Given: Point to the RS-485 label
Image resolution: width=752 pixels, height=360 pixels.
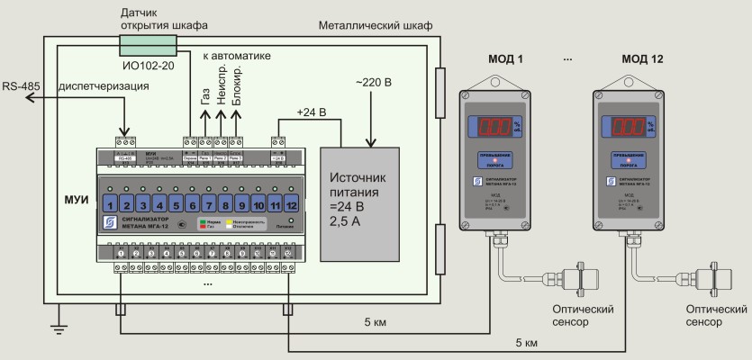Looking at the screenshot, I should (x=18, y=86).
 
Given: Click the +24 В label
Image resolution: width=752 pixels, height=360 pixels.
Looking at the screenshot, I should (x=310, y=112).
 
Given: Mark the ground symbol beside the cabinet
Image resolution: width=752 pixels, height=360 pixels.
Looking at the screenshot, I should (x=59, y=328).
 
